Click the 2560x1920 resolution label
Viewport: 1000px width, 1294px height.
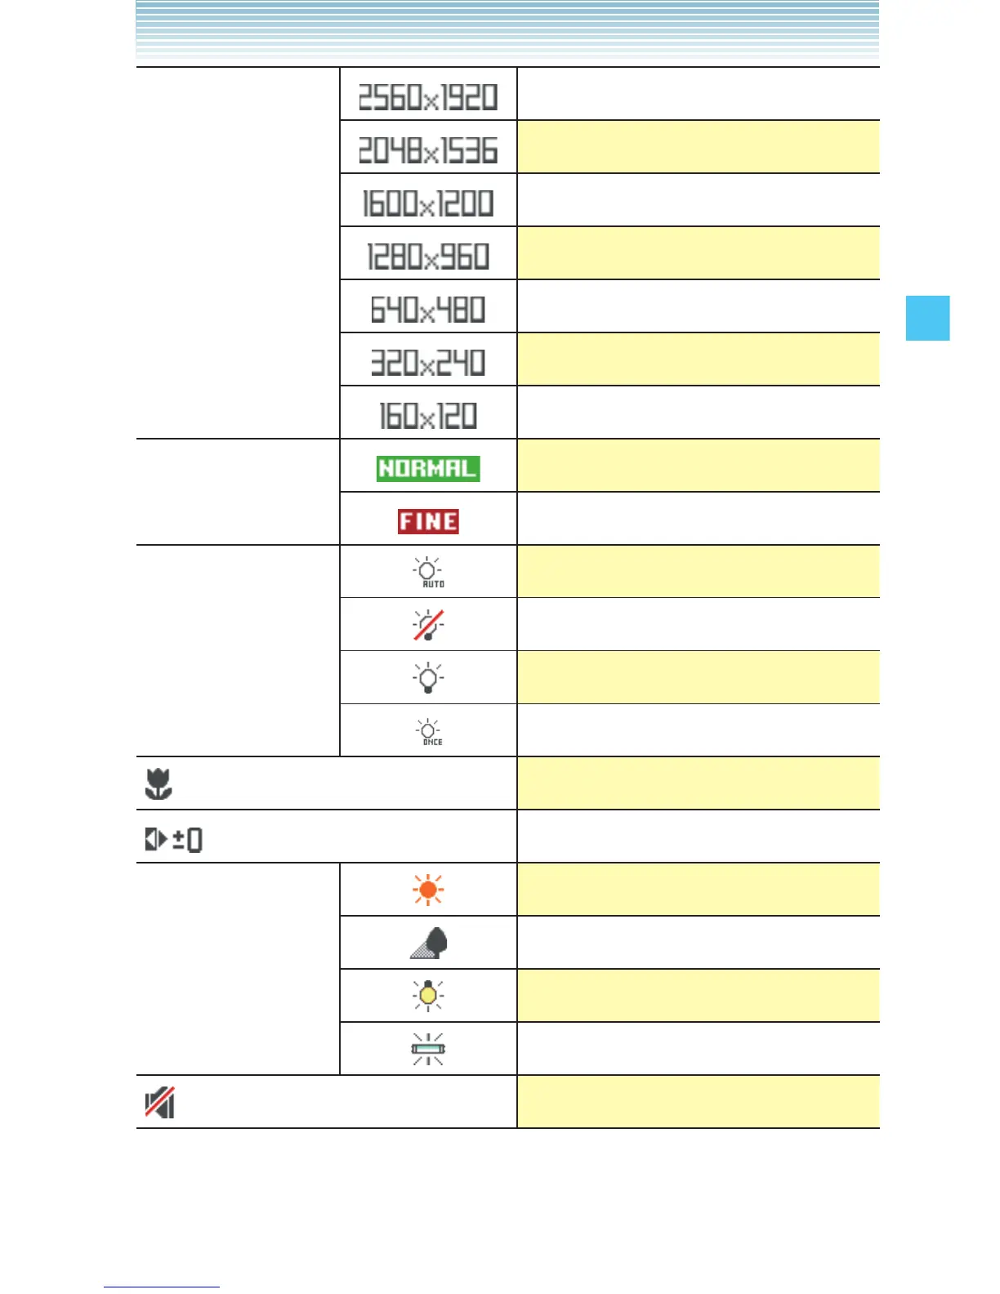428,97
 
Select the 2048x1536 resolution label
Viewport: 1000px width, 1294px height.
428,150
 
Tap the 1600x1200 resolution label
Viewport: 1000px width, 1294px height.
428,203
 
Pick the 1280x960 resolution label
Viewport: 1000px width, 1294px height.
428,257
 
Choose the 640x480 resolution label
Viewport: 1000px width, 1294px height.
428,310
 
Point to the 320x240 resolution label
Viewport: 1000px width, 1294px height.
428,363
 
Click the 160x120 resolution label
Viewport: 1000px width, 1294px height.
428,416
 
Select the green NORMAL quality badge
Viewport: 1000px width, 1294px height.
428,468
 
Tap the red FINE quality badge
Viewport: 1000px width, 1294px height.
428,521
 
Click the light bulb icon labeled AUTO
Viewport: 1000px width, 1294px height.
428,572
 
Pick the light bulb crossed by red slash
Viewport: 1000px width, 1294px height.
428,625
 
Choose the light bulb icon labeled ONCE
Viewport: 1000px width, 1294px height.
428,731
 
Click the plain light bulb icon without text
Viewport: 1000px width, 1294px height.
428,677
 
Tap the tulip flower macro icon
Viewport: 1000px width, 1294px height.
158,783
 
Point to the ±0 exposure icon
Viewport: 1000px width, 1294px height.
173,839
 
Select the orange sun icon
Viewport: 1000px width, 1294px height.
428,889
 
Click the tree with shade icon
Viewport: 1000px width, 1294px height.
429,943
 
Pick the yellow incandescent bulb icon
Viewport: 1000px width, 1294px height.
428,995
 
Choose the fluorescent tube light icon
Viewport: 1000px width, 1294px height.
428,1049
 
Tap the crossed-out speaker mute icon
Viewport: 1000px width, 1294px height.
160,1102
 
